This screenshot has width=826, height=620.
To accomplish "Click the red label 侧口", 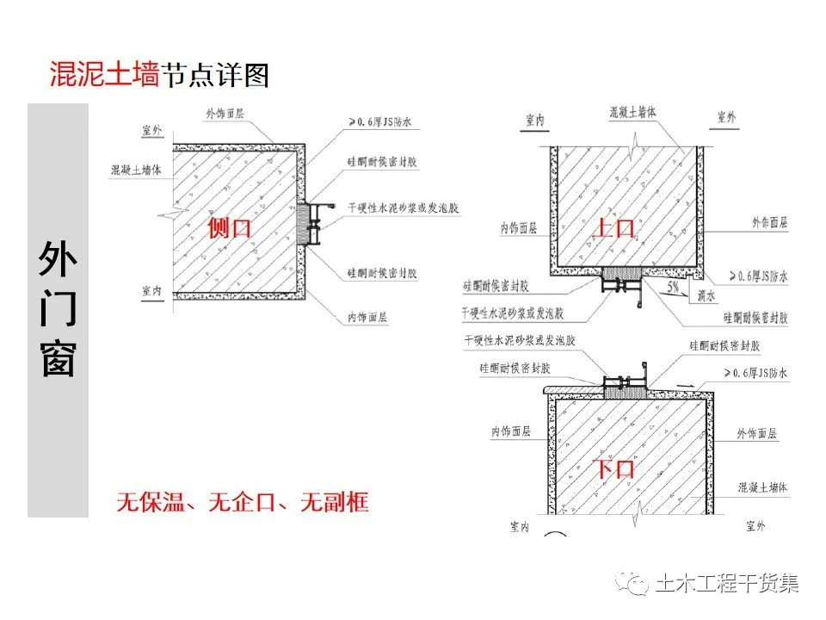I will tap(230, 228).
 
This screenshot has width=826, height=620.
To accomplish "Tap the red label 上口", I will tap(615, 228).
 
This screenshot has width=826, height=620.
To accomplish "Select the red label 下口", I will tap(615, 469).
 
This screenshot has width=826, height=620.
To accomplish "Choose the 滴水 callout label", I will tap(707, 294).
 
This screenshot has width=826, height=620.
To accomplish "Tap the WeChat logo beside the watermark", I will tap(638, 585).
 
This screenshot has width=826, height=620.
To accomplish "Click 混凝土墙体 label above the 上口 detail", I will tap(632, 112).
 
